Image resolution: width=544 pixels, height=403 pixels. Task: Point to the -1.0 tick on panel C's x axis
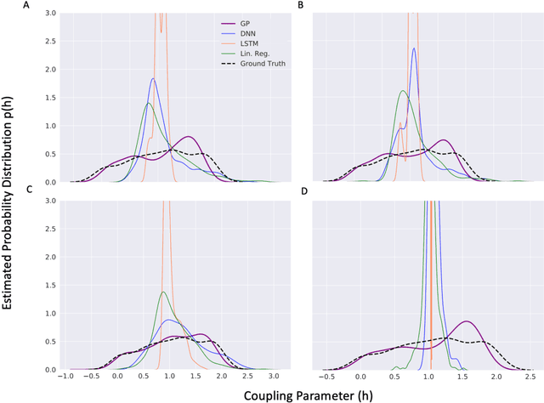[x=64, y=377]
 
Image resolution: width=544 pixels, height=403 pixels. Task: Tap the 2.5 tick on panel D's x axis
[x=529, y=377]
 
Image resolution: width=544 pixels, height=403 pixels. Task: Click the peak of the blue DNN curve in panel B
[x=414, y=48]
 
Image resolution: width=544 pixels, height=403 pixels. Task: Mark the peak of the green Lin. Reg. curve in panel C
[x=162, y=292]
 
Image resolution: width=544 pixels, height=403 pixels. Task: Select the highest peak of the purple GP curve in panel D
[x=467, y=321]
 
